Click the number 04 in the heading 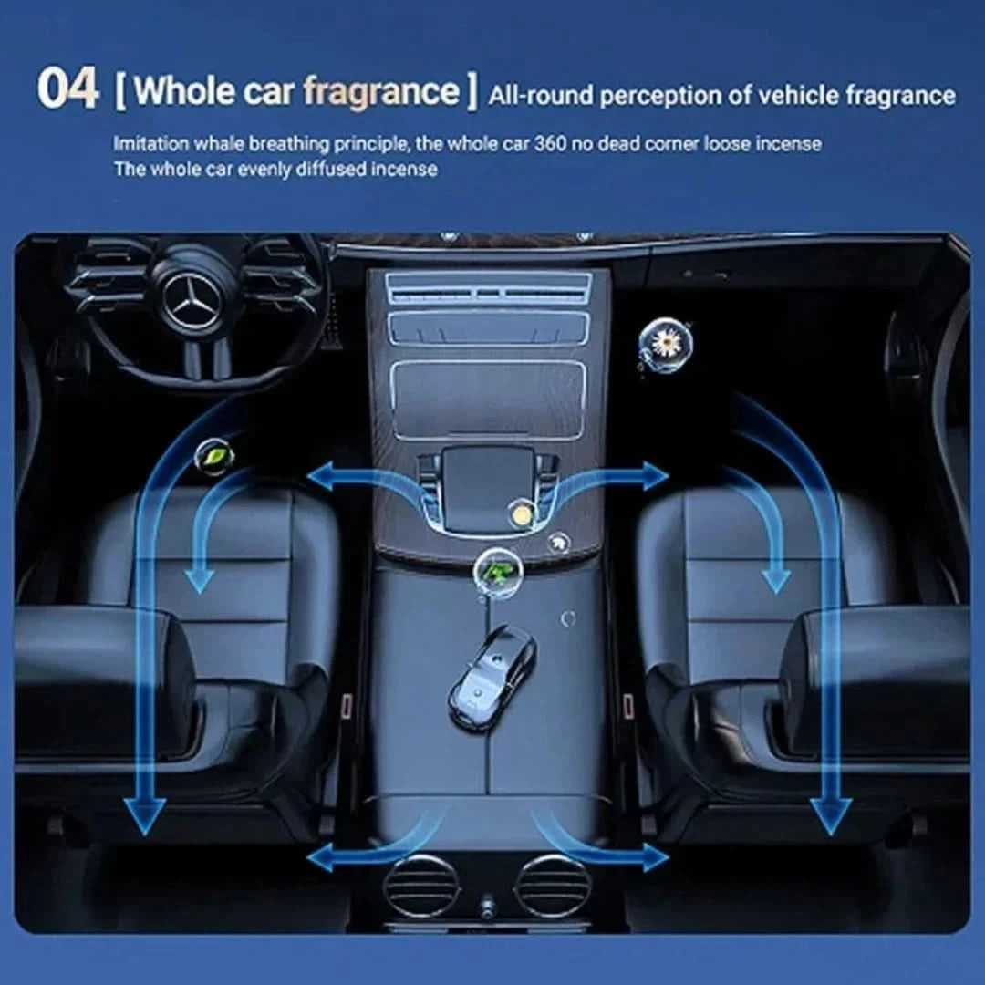67,88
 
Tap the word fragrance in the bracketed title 381,92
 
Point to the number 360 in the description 550,144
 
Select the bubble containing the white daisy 665,344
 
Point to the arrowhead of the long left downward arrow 145,816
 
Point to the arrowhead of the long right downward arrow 831,816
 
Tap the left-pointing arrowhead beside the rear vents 322,857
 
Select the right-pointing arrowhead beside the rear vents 656,857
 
